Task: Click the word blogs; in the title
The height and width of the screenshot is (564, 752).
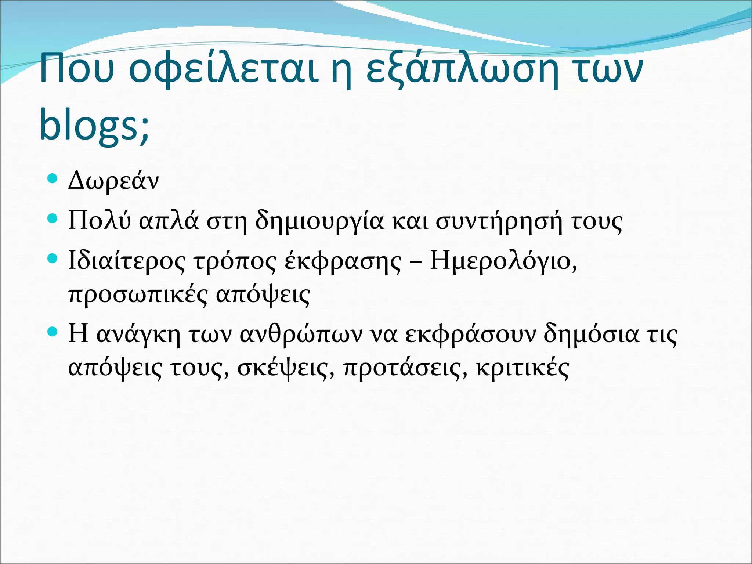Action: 94,125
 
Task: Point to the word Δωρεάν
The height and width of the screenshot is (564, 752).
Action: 113,181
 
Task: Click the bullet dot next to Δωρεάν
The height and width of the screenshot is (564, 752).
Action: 53,179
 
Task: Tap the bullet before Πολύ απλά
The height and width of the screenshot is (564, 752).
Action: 53,219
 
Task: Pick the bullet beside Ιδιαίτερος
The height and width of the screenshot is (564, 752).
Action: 53,258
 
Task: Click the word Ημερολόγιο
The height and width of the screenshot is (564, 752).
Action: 503,261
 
